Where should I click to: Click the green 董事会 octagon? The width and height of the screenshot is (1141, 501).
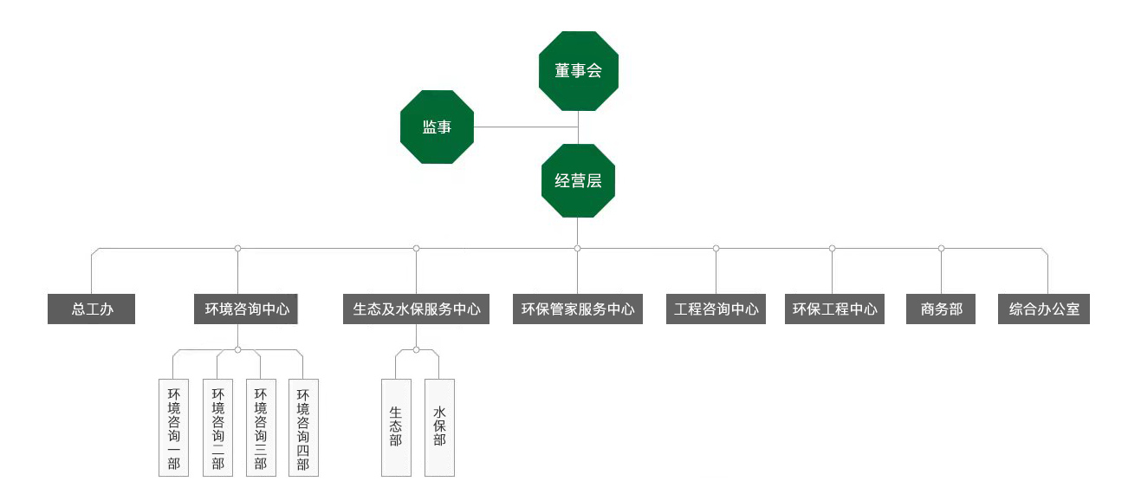578,71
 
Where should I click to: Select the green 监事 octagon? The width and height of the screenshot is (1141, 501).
437,127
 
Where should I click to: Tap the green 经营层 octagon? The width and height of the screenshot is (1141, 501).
578,181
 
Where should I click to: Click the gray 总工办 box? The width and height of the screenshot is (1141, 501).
91,309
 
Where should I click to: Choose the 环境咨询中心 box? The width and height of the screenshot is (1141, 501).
246,309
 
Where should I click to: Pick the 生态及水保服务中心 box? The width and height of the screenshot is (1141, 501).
416,309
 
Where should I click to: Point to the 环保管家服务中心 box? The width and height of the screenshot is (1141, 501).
578,309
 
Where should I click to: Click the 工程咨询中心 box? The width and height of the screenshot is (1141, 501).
716,309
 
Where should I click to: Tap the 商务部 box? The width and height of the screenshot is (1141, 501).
941,309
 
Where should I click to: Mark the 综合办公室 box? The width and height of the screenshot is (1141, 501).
1044,309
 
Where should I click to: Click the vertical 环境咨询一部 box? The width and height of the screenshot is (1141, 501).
173,427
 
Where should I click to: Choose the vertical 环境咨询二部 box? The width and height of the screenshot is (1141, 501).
217,427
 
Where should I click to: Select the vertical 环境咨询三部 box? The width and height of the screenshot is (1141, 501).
260,427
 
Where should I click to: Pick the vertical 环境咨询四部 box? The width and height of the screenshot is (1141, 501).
303,427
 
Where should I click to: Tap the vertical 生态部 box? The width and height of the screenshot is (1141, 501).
396,427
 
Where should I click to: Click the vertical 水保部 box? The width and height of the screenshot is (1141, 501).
439,427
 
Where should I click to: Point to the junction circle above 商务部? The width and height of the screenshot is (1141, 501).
941,249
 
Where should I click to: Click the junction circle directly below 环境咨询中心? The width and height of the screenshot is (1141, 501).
237,350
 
